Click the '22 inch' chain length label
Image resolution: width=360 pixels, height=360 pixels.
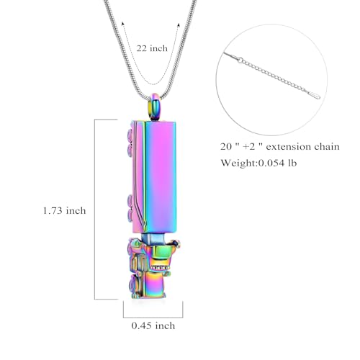tap(152, 48)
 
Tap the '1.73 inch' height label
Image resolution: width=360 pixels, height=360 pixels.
tap(64, 211)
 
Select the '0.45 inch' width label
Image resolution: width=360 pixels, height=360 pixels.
tap(153, 325)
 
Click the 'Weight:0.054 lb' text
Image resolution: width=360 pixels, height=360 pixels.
tap(258, 163)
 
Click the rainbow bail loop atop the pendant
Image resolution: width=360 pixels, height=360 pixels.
tap(155, 107)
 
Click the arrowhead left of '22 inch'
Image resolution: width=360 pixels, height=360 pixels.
tap(122, 23)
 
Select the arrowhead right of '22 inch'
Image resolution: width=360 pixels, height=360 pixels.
tap(179, 24)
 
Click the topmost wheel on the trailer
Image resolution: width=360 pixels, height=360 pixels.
tap(130, 135)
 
